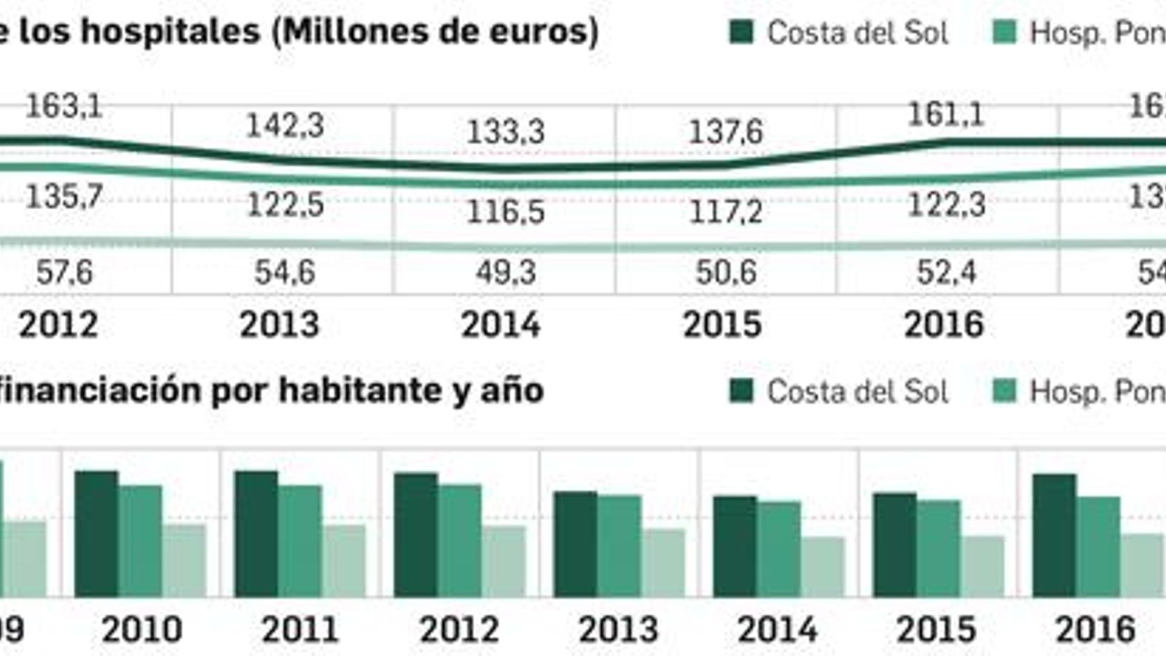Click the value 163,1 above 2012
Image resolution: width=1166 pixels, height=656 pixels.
click(x=64, y=107)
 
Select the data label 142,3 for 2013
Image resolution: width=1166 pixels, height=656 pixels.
click(x=285, y=125)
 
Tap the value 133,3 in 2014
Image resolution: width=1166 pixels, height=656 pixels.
click(x=505, y=132)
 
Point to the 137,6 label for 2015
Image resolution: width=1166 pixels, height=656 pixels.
click(x=726, y=132)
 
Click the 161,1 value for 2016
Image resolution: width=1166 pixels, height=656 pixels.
click(x=946, y=114)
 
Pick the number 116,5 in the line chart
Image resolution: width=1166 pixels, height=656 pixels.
click(x=505, y=212)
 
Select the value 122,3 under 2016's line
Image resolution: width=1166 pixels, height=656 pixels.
click(x=946, y=205)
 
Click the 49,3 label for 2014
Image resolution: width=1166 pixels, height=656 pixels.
click(x=505, y=273)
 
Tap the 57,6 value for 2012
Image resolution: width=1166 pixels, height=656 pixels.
click(x=64, y=273)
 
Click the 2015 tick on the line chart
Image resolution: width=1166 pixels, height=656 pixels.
click(x=722, y=324)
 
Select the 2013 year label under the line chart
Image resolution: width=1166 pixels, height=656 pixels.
click(x=280, y=324)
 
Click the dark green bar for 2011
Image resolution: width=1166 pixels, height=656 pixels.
click(x=256, y=534)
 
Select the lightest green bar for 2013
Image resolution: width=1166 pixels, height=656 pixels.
click(x=663, y=563)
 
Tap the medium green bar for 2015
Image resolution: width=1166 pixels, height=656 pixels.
click(x=939, y=548)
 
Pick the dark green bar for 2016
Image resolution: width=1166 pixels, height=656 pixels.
click(x=1054, y=536)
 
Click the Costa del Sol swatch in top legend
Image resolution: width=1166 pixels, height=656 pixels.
click(x=742, y=32)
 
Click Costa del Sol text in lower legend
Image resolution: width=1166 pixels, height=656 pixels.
click(x=858, y=392)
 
